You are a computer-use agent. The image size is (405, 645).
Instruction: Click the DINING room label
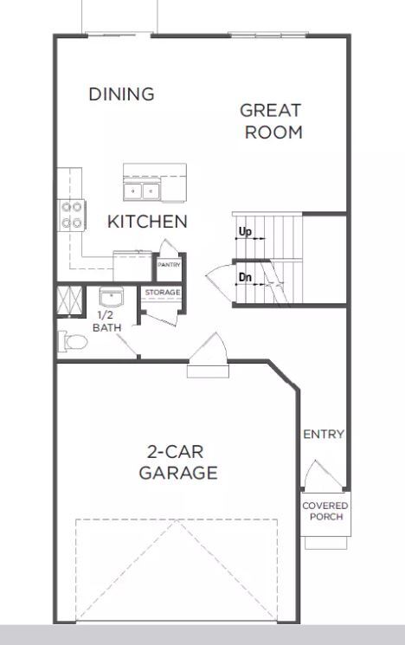[x=121, y=94]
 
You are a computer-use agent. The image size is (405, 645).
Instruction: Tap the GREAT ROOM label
[x=271, y=121]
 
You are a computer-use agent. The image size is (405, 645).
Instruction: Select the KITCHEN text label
[x=147, y=222]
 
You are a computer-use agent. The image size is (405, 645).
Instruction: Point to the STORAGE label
[x=162, y=293]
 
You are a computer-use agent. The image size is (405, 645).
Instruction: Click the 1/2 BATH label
[x=107, y=322]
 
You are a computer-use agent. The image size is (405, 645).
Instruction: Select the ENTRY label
[x=323, y=435]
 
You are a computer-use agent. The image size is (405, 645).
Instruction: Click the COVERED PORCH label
[x=325, y=511]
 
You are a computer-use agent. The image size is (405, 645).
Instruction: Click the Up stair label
[x=246, y=232]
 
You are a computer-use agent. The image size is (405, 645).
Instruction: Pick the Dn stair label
[x=246, y=277]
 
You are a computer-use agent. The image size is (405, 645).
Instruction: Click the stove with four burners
[x=71, y=215]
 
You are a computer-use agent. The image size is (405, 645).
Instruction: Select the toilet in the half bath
[x=73, y=342]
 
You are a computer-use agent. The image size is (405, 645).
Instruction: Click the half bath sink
[x=110, y=299]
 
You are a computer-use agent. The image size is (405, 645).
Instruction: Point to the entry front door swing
[x=316, y=476]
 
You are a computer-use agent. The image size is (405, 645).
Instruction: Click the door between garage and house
[x=208, y=356]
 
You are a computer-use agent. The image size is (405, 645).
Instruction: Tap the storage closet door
[x=160, y=315]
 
